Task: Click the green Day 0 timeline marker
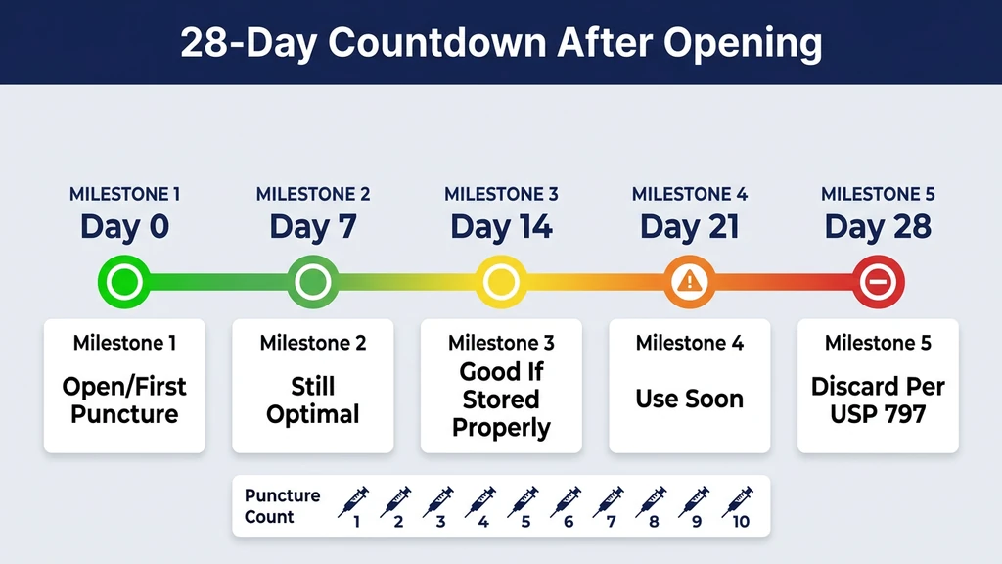(x=124, y=283)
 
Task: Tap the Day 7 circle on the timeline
(x=313, y=283)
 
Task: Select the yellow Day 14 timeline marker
(x=501, y=283)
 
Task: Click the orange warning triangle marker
(x=690, y=282)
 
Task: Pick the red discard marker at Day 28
(x=878, y=283)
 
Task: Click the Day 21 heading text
(x=690, y=227)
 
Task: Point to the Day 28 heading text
(x=878, y=227)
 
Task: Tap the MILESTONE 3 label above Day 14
(x=501, y=194)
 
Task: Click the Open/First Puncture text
(x=124, y=399)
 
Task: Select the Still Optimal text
(x=313, y=399)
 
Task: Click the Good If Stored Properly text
(x=501, y=399)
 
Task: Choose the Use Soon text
(x=690, y=399)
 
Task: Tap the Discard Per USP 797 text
(x=878, y=399)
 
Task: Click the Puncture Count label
(x=282, y=505)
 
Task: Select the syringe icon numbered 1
(x=353, y=500)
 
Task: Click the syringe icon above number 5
(x=524, y=500)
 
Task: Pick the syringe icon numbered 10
(x=737, y=500)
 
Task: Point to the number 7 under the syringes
(x=611, y=522)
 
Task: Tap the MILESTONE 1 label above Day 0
(x=124, y=194)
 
